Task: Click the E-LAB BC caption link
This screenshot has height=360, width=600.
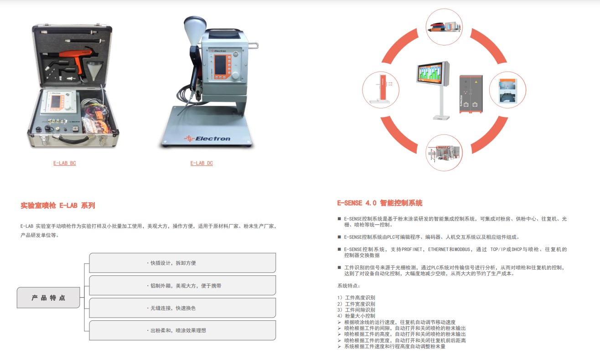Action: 65,163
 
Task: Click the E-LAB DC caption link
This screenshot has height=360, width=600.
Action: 202,163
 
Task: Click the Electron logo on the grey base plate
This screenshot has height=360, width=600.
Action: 207,139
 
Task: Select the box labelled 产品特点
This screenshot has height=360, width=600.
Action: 48,298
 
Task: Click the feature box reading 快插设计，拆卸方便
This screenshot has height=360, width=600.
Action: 182,263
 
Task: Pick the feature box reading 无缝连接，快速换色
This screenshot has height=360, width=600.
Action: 182,308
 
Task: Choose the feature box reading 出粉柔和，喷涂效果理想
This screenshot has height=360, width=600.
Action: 182,330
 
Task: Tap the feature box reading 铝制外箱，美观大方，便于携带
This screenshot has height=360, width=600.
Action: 182,286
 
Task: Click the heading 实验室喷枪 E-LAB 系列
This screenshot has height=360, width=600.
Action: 58,206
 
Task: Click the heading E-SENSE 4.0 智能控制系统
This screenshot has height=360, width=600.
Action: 380,203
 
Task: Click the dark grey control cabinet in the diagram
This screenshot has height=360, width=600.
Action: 471,94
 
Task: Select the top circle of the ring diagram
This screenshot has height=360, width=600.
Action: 444,27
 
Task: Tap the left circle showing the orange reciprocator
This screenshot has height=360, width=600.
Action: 381,90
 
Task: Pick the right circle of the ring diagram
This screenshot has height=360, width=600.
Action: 507,90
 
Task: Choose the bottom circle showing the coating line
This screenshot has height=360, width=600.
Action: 444,153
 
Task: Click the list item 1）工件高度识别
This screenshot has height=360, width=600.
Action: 356,298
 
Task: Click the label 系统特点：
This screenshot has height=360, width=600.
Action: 349,286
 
